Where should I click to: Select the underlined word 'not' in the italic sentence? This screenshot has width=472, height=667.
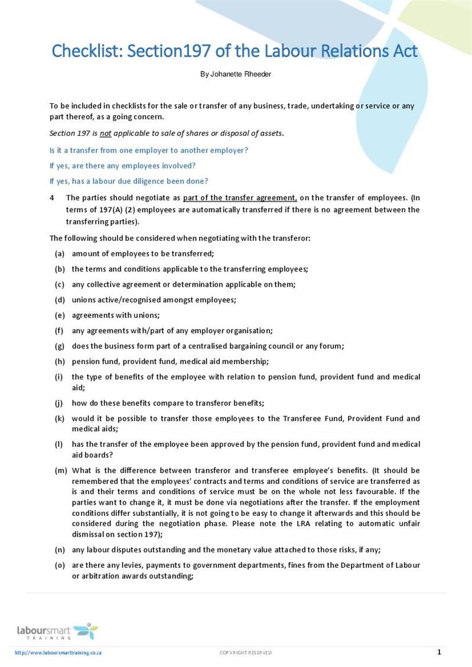(x=105, y=133)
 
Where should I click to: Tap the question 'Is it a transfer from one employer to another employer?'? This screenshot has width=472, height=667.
(x=148, y=151)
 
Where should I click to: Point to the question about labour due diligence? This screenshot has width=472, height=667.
(x=129, y=181)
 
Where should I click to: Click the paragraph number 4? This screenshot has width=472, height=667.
(x=52, y=198)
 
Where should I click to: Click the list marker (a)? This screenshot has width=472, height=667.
(x=60, y=254)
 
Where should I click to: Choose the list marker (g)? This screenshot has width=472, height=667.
(x=60, y=346)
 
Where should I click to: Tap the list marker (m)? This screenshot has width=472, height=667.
(x=60, y=470)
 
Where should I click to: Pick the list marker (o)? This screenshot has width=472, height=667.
(x=60, y=565)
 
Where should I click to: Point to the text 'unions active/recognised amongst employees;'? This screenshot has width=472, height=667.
(x=154, y=300)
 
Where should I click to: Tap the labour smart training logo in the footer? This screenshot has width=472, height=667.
(x=57, y=631)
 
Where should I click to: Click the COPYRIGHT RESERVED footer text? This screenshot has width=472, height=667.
(x=246, y=653)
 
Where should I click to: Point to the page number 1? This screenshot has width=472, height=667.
(x=439, y=652)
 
